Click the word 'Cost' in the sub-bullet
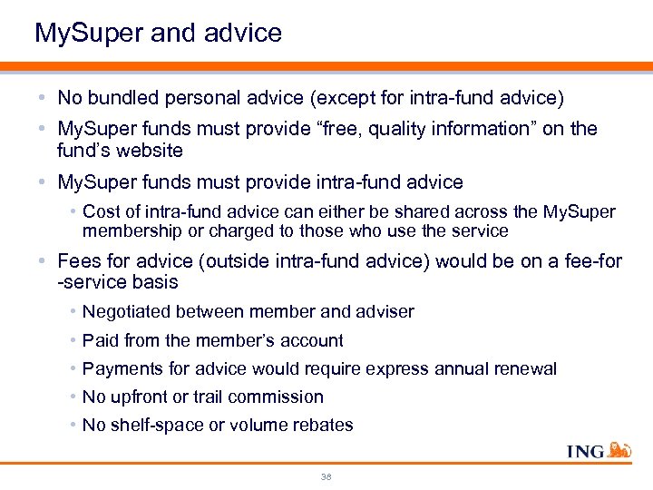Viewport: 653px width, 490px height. (100, 211)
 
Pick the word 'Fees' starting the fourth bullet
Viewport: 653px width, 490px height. (80, 261)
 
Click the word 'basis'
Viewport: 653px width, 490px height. (152, 282)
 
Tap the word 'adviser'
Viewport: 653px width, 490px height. (385, 312)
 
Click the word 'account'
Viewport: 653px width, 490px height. (311, 340)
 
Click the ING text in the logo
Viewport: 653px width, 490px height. (586, 451)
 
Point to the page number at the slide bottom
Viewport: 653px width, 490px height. (326, 476)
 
